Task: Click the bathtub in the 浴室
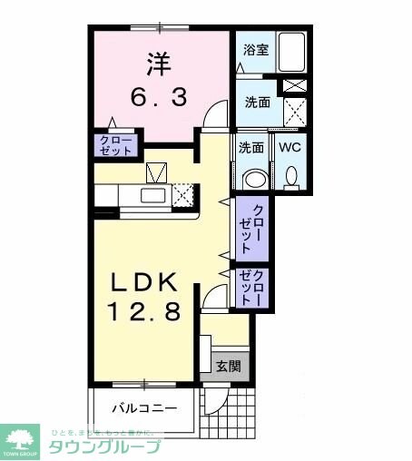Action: click(x=291, y=53)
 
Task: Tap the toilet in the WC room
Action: click(x=290, y=176)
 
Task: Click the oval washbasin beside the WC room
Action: click(x=253, y=178)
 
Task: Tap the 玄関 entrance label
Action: click(x=228, y=366)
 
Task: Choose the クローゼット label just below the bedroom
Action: click(x=115, y=144)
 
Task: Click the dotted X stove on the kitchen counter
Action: click(x=185, y=195)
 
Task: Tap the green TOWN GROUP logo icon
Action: click(x=21, y=439)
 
